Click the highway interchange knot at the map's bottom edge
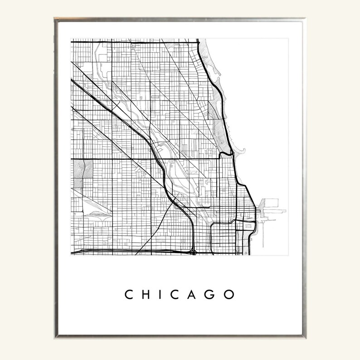(x=194, y=250)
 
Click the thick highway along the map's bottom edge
(x=136, y=250)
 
